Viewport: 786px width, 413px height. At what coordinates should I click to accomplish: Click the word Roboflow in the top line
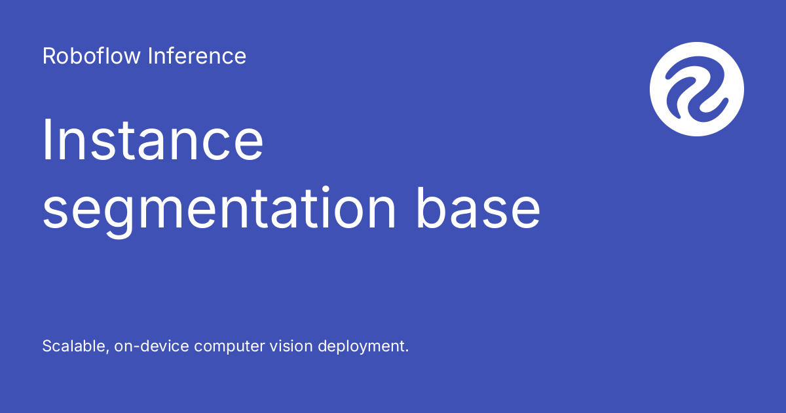pos(91,56)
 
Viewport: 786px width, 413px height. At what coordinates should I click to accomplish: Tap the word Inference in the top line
pos(197,56)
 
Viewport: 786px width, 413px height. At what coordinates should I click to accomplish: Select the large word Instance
pos(153,140)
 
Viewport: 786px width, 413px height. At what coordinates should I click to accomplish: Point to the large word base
pos(478,207)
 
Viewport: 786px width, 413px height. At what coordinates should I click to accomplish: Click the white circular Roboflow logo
pos(697,89)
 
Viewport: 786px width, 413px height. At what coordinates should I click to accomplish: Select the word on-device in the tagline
pos(151,346)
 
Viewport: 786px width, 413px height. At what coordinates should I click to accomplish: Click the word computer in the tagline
pos(229,347)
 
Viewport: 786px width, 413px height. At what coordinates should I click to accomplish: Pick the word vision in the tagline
pos(291,346)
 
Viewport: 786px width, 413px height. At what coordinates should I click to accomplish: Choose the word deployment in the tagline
pos(362,347)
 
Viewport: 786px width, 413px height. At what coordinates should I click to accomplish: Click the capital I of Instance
pos(46,140)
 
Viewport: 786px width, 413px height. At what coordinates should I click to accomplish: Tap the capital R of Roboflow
pos(50,56)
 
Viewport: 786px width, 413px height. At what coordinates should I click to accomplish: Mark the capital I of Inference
pos(150,56)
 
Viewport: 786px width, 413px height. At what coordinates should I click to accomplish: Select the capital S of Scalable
pos(48,346)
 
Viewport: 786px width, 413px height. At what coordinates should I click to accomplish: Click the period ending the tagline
pos(407,351)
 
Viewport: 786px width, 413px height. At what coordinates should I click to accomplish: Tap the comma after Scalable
pos(107,352)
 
